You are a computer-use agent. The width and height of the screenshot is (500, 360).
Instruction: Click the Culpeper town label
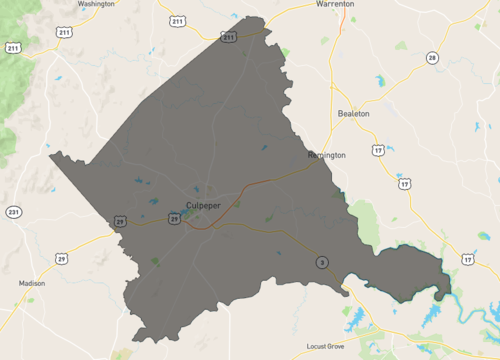[203, 205]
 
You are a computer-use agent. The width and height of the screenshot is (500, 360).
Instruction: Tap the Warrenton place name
[335, 4]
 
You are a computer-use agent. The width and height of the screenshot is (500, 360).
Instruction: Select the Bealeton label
[354, 114]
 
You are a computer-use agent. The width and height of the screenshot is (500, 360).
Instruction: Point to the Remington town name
[327, 155]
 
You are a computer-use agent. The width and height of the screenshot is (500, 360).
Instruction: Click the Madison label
[31, 283]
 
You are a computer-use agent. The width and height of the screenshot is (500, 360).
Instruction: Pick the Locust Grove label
[330, 347]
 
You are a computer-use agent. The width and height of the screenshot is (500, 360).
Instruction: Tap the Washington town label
[96, 4]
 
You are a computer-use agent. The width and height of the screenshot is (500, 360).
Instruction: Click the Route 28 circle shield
[431, 57]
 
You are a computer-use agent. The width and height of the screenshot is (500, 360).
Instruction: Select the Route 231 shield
[12, 212]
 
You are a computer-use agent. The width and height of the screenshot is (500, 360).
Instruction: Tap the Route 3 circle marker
[321, 262]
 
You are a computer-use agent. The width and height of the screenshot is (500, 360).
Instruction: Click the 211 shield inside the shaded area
[229, 38]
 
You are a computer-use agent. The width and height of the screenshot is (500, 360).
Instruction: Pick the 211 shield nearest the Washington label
[177, 20]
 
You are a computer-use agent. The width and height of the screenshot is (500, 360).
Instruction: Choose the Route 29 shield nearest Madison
[61, 259]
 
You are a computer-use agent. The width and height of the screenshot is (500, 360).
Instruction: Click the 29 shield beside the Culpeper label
[174, 217]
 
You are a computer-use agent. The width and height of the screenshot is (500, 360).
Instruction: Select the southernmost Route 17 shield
[467, 259]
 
